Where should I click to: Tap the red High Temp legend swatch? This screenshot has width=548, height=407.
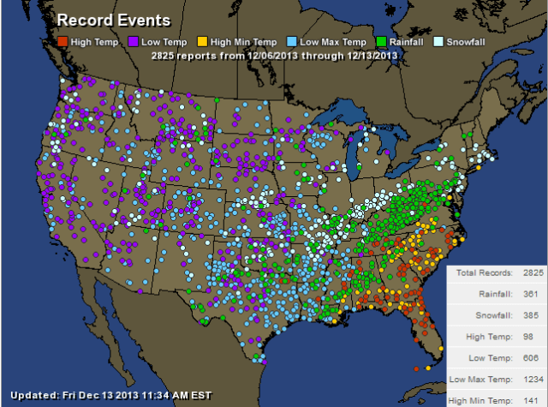click(x=63, y=41)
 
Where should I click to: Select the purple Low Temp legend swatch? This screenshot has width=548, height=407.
click(x=134, y=41)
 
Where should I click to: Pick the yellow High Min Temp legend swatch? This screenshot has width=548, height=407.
click(x=201, y=41)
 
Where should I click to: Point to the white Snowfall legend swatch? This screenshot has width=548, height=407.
click(x=439, y=41)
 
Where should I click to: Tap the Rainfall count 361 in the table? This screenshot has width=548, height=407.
click(x=531, y=294)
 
